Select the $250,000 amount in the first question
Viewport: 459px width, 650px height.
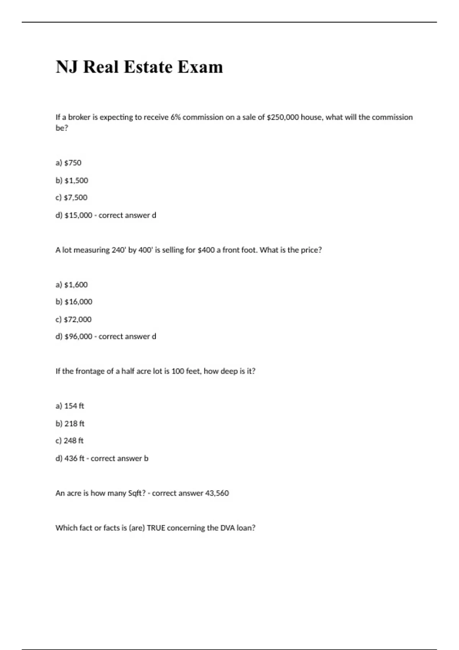click(x=282, y=117)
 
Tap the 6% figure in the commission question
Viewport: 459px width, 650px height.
click(x=176, y=117)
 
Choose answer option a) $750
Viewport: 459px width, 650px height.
click(x=68, y=163)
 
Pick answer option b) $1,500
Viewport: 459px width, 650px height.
click(x=72, y=180)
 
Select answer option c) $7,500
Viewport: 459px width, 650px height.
click(x=72, y=198)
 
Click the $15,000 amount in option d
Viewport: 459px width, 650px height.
click(x=78, y=215)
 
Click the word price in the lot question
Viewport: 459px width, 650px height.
click(x=311, y=250)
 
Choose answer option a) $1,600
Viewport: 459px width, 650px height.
click(x=72, y=285)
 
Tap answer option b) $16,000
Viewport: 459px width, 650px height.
click(x=74, y=302)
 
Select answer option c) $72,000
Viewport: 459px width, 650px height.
click(x=73, y=319)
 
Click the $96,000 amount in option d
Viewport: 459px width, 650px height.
click(x=78, y=336)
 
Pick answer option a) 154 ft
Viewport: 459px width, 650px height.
click(x=70, y=406)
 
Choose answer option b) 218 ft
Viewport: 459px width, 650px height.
click(x=70, y=424)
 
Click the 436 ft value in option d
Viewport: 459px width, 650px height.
click(x=75, y=458)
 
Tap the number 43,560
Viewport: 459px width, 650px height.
click(x=217, y=493)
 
